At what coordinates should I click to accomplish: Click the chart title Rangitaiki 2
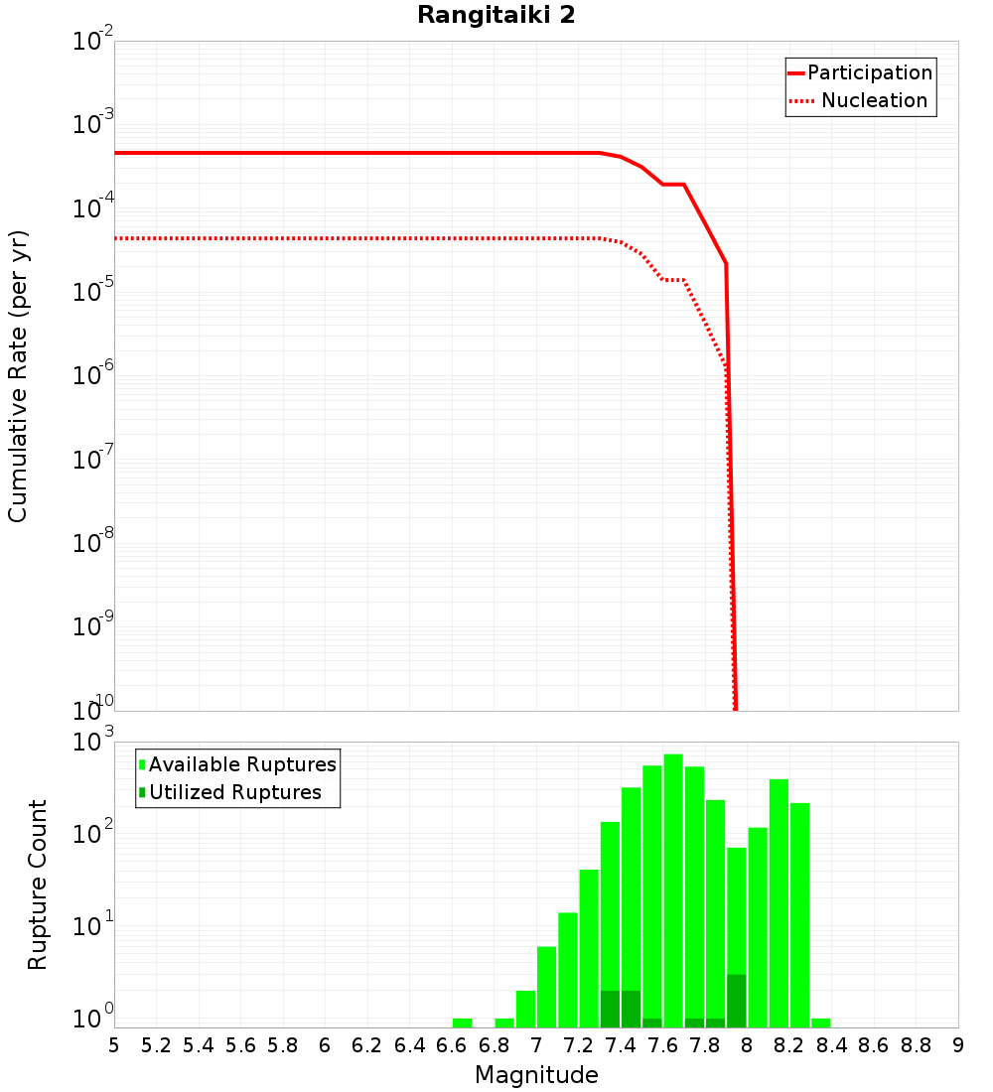point(496,16)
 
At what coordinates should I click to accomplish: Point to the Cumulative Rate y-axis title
point(18,376)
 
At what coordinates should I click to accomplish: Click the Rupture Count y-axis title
point(38,885)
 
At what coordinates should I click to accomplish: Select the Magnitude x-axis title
point(536,1075)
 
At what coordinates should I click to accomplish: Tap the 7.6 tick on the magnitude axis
point(662,1045)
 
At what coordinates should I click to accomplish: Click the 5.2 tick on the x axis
point(156,1045)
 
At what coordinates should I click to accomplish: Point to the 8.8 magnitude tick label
point(916,1045)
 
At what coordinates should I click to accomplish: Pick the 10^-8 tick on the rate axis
point(92,543)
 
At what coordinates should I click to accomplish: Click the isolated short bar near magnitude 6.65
point(462,1023)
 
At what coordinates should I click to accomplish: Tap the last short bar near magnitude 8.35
point(821,1023)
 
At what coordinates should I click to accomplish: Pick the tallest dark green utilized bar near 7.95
point(737,1001)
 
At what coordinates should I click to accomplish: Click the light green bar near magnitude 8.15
point(779,903)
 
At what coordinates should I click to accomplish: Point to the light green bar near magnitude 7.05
point(546,987)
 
